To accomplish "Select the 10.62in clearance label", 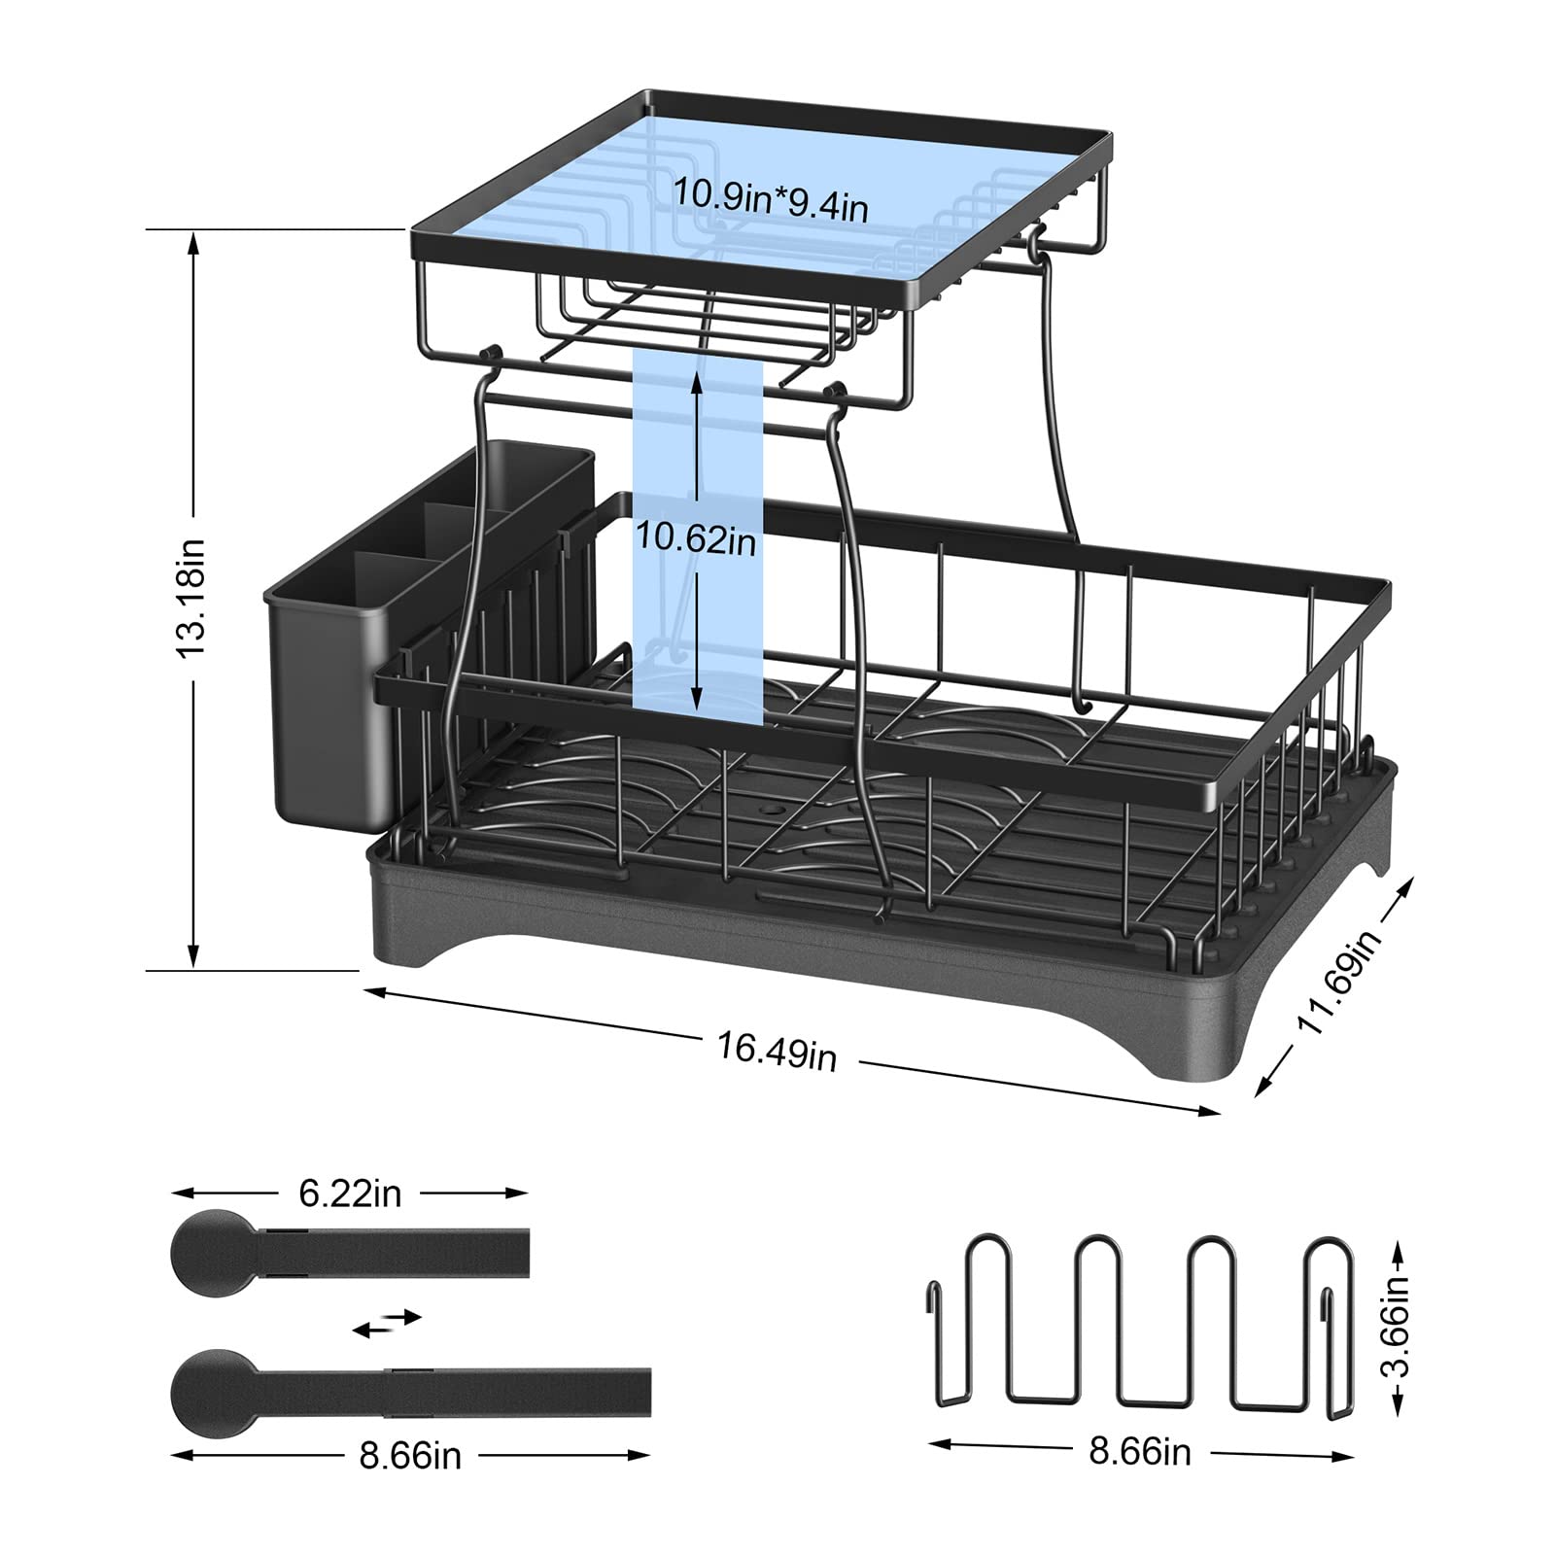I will tap(695, 536).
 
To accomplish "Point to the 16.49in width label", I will tap(777, 1050).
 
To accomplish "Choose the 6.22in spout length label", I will tap(350, 1193).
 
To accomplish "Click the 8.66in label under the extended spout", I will tap(409, 1456).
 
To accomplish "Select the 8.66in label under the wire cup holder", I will tap(1140, 1452).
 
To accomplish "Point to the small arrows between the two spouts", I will tap(387, 1323).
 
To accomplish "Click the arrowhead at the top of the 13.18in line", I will tap(194, 242).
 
